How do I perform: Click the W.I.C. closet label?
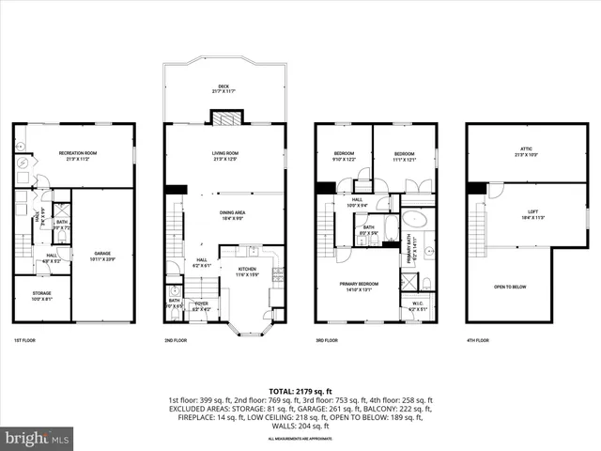tap(418, 305)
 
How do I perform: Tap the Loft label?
tap(532, 215)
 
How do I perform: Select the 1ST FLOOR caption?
tap(25, 340)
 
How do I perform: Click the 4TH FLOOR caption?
tap(477, 340)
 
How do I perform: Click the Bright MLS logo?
tap(38, 437)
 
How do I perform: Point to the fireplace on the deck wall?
tap(224, 118)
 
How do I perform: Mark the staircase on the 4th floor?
tap(477, 227)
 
